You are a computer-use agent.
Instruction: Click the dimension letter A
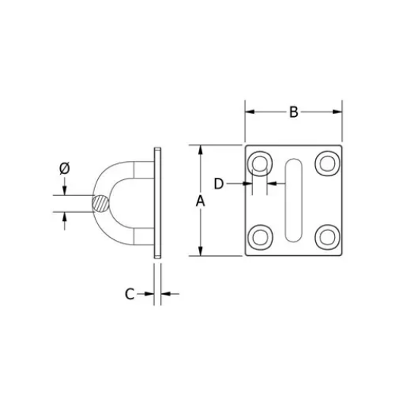point(201,201)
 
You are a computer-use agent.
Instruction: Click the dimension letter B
point(292,112)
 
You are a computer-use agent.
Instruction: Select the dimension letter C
point(130,294)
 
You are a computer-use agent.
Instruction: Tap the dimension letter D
point(218,183)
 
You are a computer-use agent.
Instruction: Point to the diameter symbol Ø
point(64,167)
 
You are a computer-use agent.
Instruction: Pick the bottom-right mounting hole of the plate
point(327,236)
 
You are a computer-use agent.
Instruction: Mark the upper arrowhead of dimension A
point(201,149)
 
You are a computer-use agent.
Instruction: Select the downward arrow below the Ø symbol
point(65,189)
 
